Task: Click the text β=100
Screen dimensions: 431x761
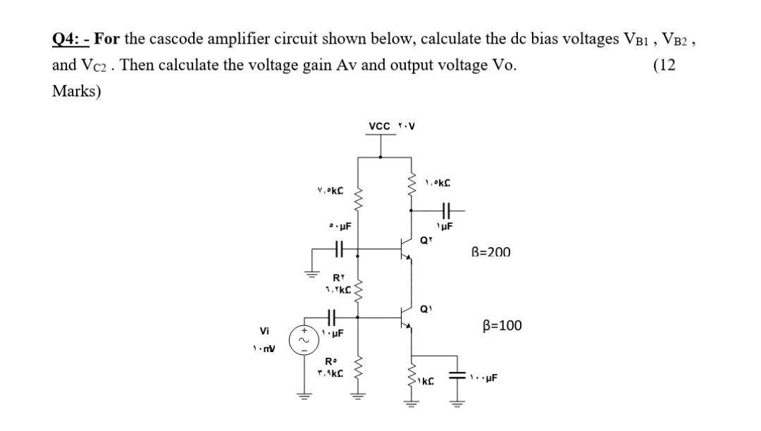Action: (502, 325)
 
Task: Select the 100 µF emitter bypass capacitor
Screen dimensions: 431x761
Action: (456, 377)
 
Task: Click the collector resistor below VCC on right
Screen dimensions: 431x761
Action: (411, 188)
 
